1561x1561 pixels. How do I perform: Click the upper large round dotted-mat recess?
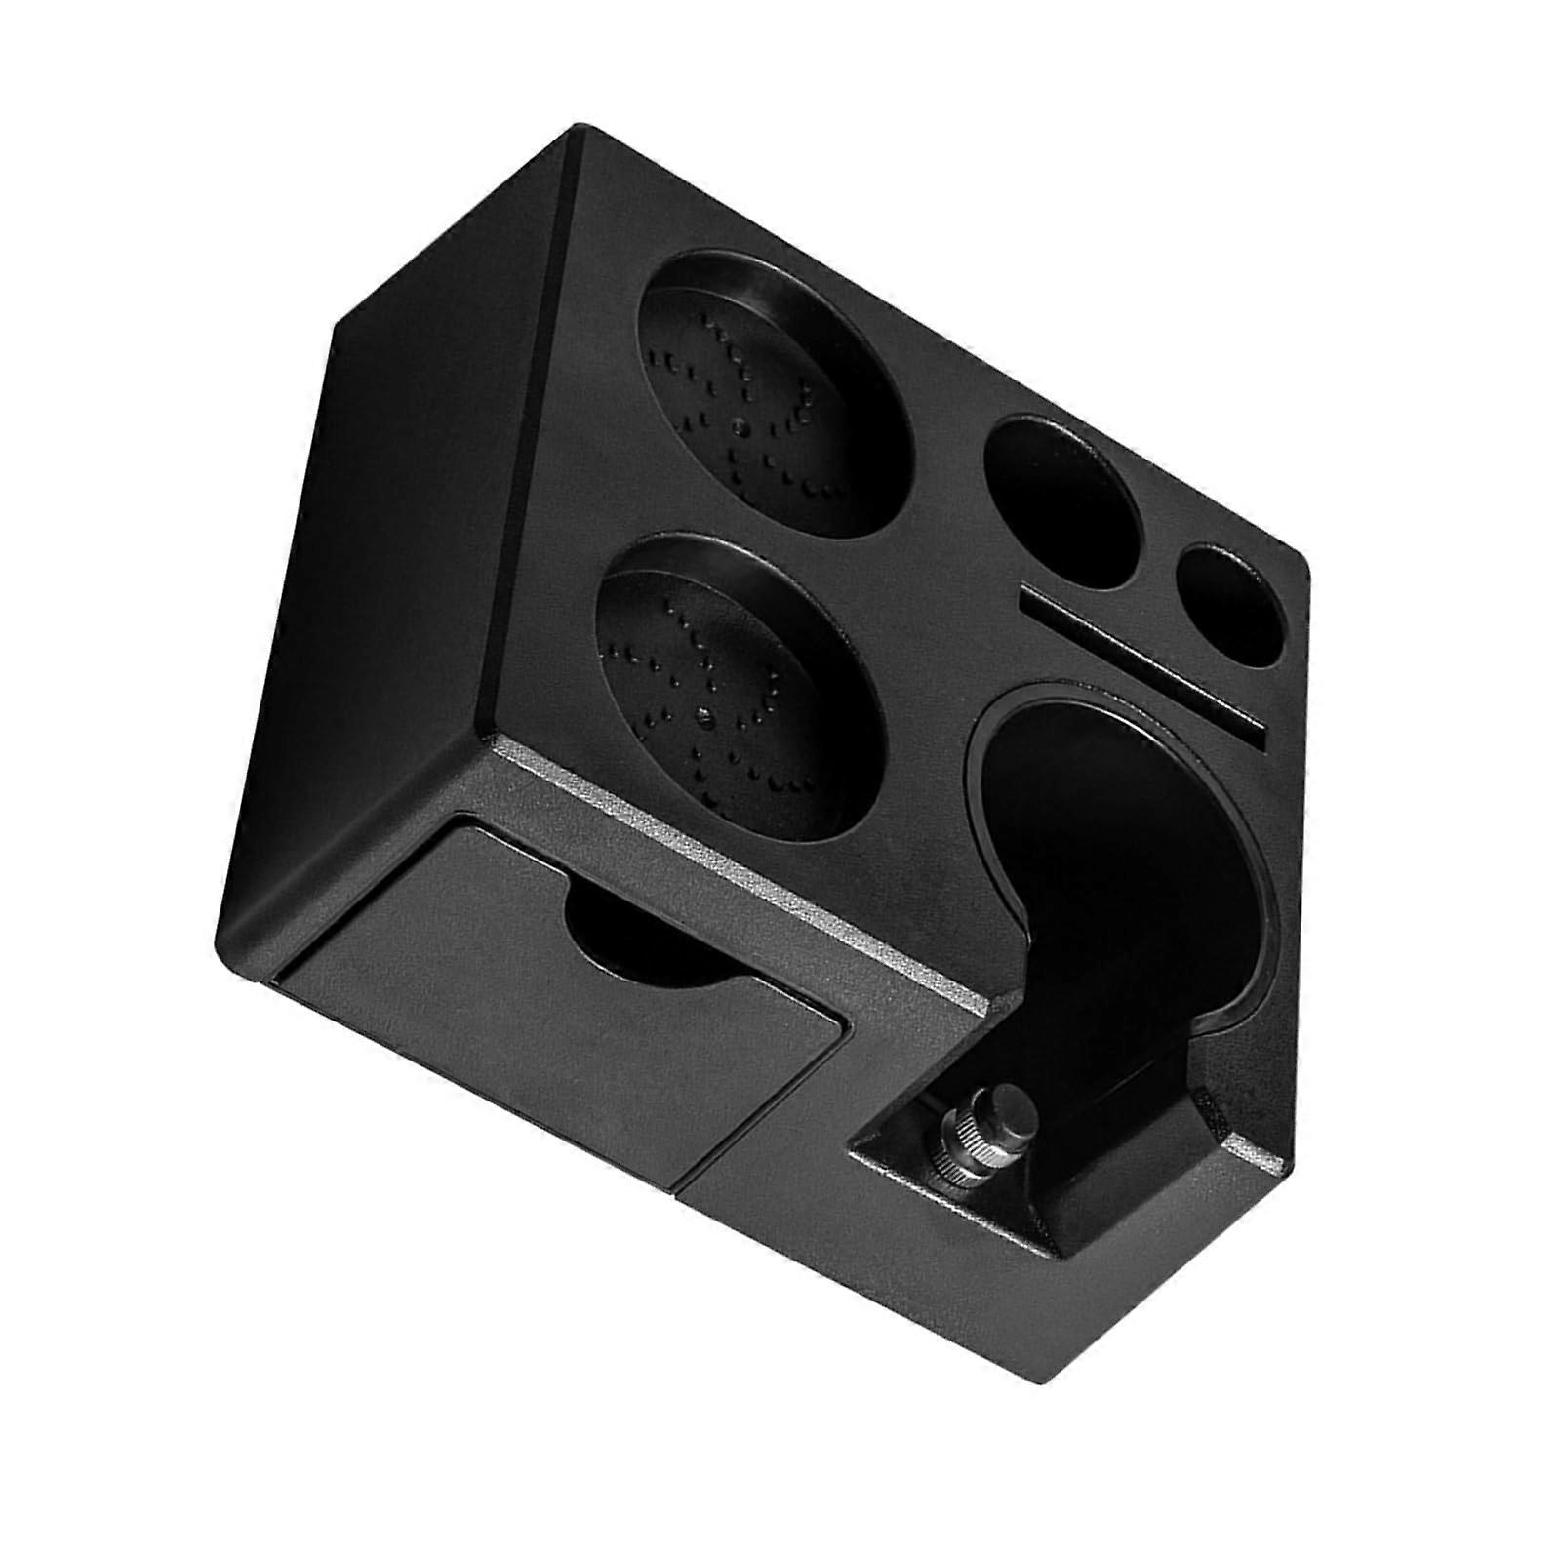point(776,395)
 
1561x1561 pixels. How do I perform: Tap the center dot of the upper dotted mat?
point(741,425)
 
